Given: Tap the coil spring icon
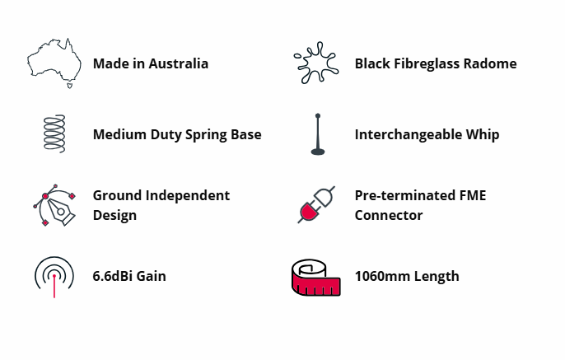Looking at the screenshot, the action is [x=54, y=134].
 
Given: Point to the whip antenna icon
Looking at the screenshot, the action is [x=318, y=134].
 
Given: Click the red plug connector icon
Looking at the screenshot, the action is [x=316, y=204].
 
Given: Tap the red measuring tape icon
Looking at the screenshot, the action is [x=316, y=278].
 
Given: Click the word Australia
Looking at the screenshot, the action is [x=179, y=63].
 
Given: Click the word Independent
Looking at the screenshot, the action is [x=188, y=196].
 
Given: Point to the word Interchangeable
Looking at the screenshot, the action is [x=408, y=135].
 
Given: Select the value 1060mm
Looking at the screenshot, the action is [x=382, y=277].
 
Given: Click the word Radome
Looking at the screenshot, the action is [x=490, y=63].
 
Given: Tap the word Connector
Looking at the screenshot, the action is [x=389, y=216].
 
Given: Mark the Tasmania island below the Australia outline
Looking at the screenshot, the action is [x=70, y=86].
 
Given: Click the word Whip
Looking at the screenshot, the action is [x=483, y=135].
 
